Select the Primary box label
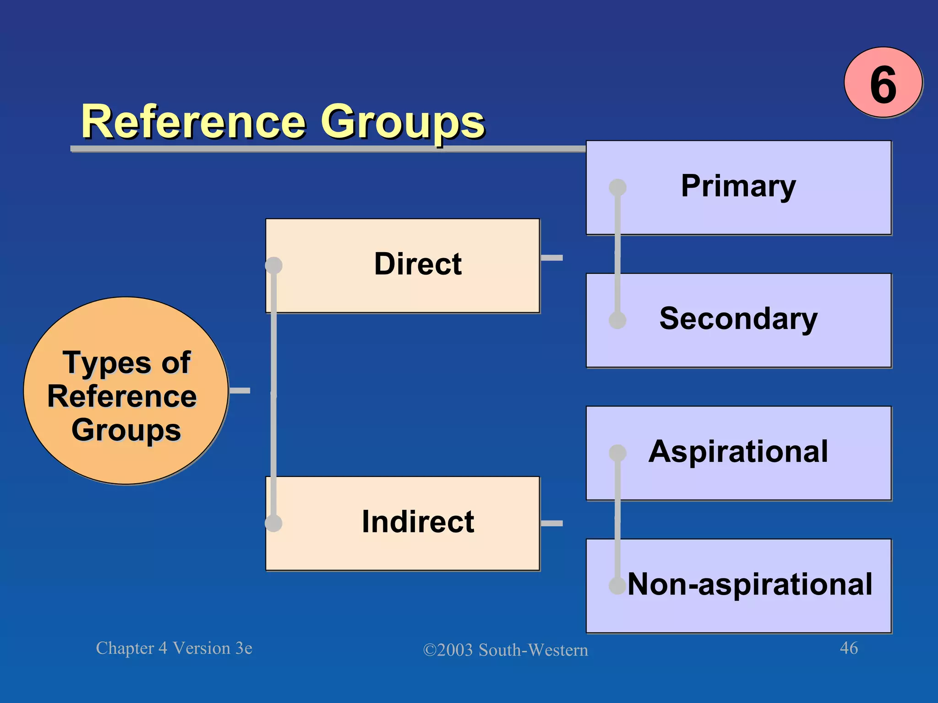[x=738, y=186]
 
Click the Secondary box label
[x=738, y=319]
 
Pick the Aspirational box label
[x=738, y=452]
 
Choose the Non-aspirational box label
[x=750, y=584]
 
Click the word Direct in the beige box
[x=418, y=264]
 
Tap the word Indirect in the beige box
[x=418, y=522]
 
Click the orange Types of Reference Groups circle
[x=125, y=390]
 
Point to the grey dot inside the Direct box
[x=274, y=265]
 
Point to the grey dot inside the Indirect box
[x=274, y=523]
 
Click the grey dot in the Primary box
[x=617, y=187]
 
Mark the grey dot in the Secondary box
[x=617, y=320]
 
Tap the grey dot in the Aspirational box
[x=617, y=453]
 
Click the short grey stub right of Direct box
[x=551, y=258]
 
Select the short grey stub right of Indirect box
[x=551, y=523]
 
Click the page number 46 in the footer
[x=849, y=648]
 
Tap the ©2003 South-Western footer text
[x=505, y=650]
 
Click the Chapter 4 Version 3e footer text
[x=174, y=648]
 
